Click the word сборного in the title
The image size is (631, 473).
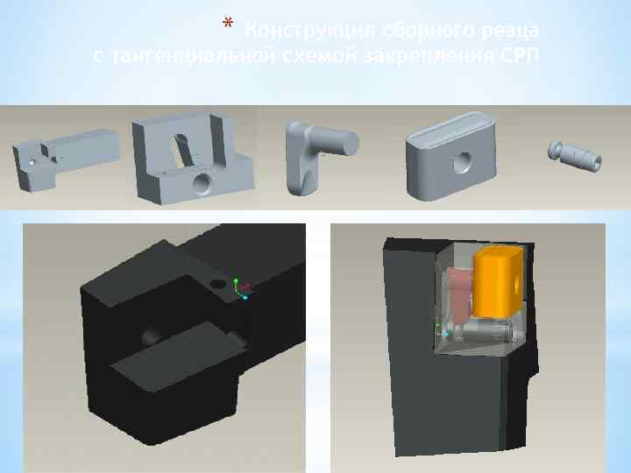tap(402, 32)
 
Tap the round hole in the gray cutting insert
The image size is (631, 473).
tap(459, 160)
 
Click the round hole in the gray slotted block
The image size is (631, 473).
tap(202, 181)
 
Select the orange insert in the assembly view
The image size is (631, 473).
tap(498, 280)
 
